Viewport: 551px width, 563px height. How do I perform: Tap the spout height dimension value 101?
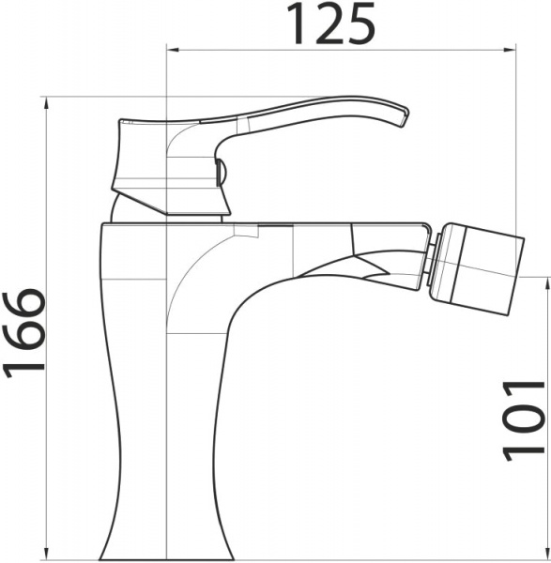coord(524,419)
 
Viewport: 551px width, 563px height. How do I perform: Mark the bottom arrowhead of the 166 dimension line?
coord(47,555)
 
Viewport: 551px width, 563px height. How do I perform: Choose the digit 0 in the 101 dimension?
coord(524,419)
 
